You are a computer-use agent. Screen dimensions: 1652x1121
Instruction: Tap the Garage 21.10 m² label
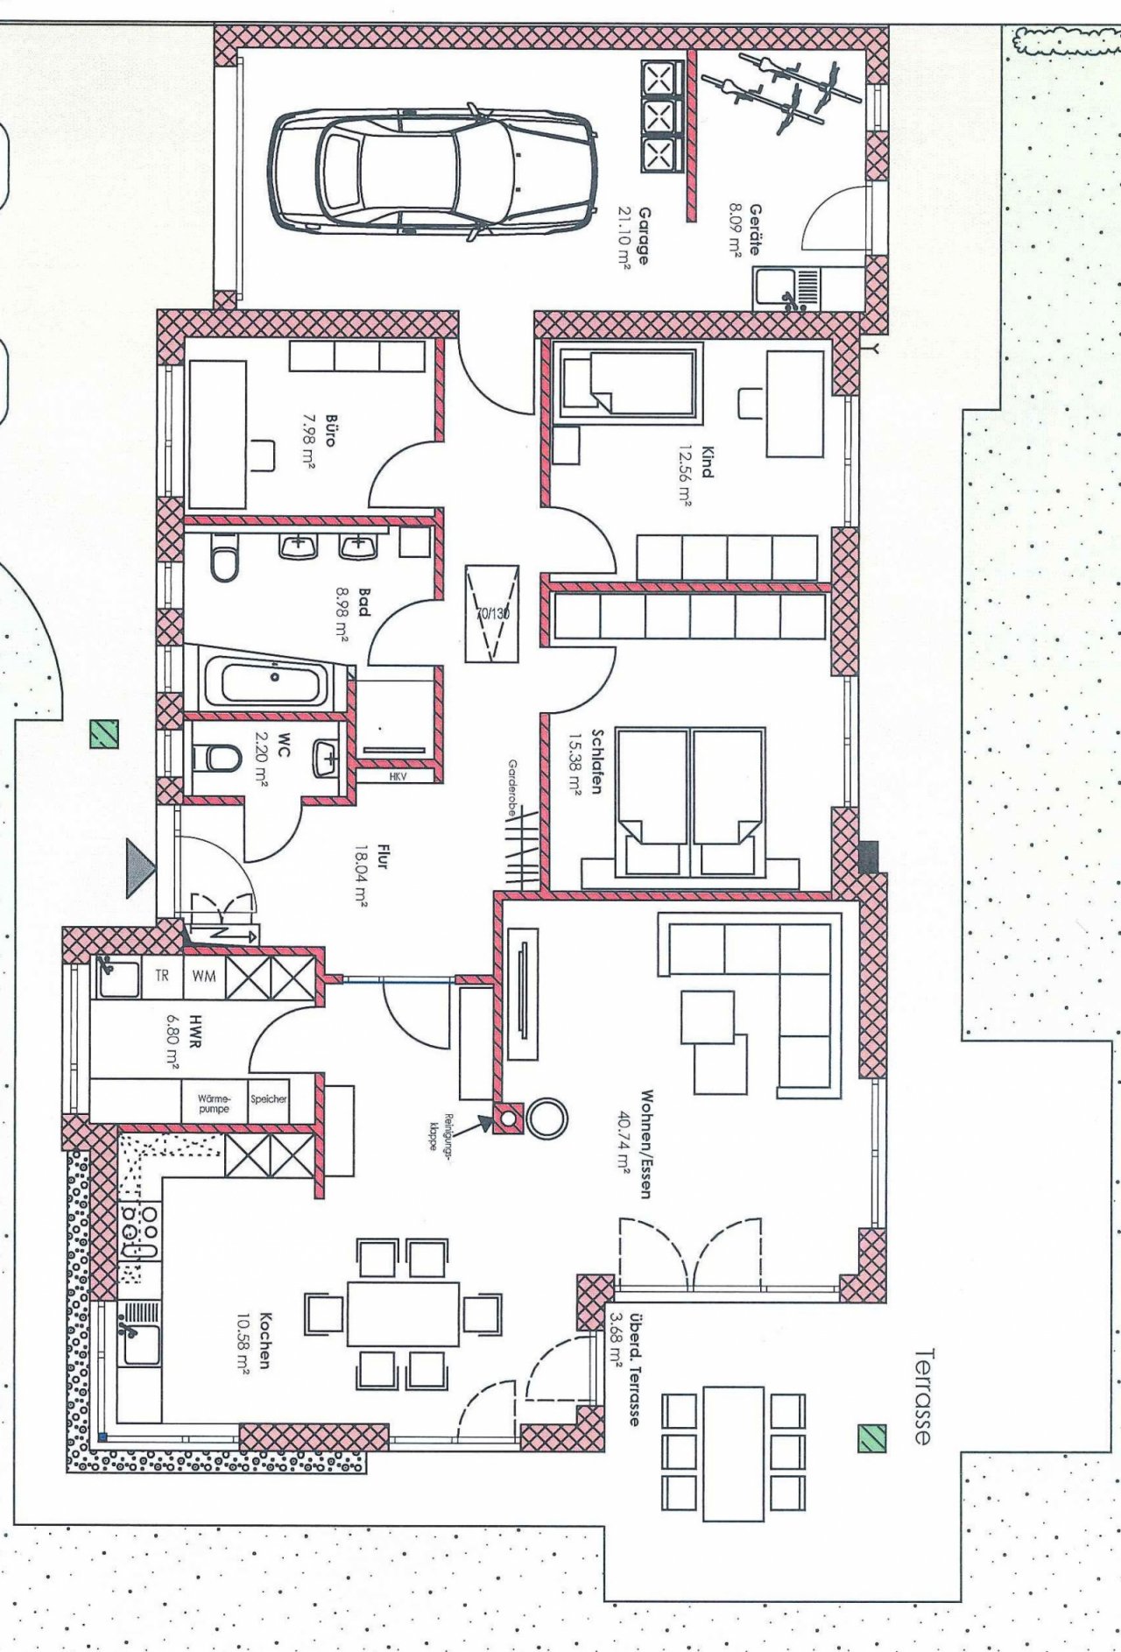point(633,237)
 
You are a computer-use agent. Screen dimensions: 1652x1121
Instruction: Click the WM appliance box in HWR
point(204,975)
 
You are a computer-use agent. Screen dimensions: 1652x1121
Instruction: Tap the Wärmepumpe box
point(214,1103)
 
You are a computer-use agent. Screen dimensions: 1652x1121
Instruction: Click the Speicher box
point(268,1098)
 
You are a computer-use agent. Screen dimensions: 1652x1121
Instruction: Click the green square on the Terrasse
point(871,1438)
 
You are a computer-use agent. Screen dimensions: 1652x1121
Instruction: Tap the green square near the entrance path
point(104,734)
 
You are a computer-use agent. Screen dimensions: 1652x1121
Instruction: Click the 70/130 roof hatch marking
point(492,613)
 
